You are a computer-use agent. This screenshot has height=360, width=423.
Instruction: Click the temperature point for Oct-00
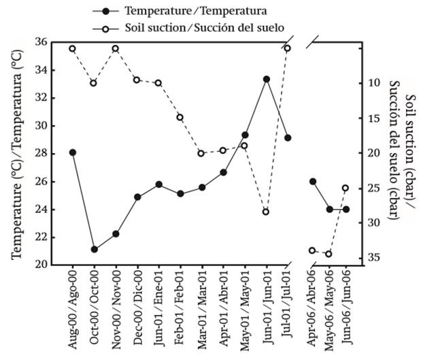(94, 249)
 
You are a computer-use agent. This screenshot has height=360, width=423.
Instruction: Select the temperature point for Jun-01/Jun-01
(267, 79)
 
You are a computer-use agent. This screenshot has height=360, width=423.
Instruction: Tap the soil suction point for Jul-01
(288, 48)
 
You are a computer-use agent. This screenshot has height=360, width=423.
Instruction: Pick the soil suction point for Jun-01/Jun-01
(267, 212)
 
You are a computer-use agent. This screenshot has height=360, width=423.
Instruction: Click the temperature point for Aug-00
(73, 152)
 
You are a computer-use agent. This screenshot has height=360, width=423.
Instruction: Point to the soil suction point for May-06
(328, 255)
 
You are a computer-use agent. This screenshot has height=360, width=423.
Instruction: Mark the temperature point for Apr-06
(312, 182)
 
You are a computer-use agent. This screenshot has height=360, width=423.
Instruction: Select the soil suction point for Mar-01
(201, 153)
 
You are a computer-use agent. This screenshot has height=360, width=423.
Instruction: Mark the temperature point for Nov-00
(116, 233)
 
